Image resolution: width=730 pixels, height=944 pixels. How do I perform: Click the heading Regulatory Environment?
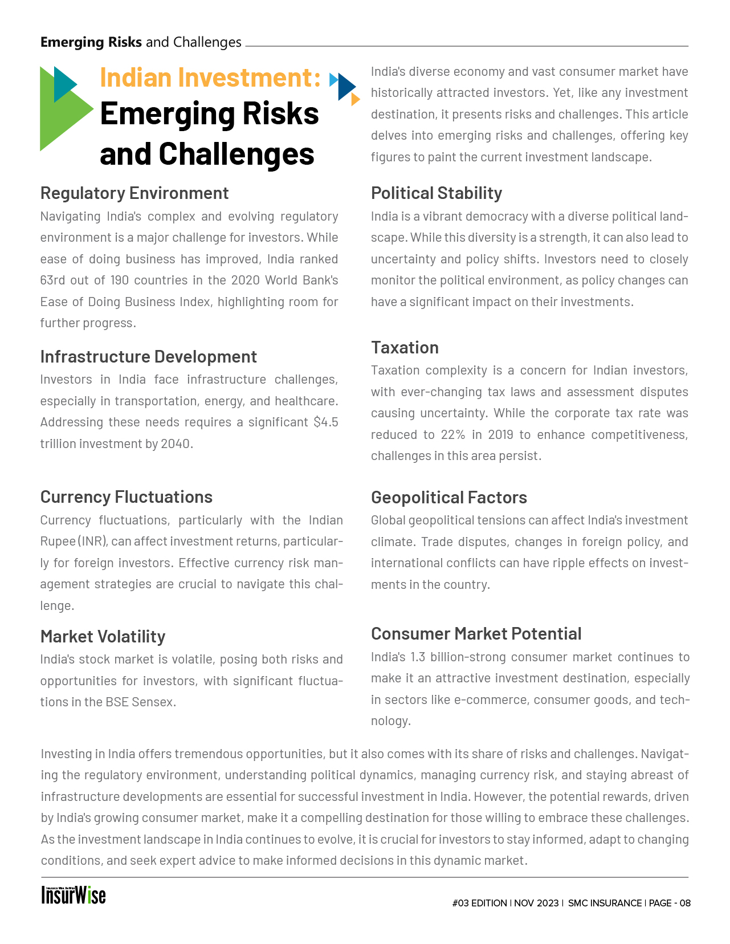tap(134, 193)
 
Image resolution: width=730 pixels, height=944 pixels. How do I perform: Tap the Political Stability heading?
tap(437, 193)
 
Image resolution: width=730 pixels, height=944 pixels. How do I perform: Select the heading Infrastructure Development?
tap(148, 357)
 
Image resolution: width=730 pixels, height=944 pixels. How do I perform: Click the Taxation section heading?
tap(405, 347)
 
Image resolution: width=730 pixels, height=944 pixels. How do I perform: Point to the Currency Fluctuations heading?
tap(126, 497)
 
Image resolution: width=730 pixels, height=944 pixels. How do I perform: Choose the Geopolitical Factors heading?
tap(449, 498)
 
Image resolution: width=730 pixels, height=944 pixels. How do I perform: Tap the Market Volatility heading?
tap(103, 636)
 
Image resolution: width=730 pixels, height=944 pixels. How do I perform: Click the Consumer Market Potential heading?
tap(476, 634)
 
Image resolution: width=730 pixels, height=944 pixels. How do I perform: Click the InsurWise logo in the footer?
tap(74, 895)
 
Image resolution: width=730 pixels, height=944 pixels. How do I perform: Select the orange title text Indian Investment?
tap(210, 78)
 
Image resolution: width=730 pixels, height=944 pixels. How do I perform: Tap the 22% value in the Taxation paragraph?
tap(453, 435)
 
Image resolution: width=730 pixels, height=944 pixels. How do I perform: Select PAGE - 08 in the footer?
tap(670, 904)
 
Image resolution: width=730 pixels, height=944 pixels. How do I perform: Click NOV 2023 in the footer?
tap(536, 904)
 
